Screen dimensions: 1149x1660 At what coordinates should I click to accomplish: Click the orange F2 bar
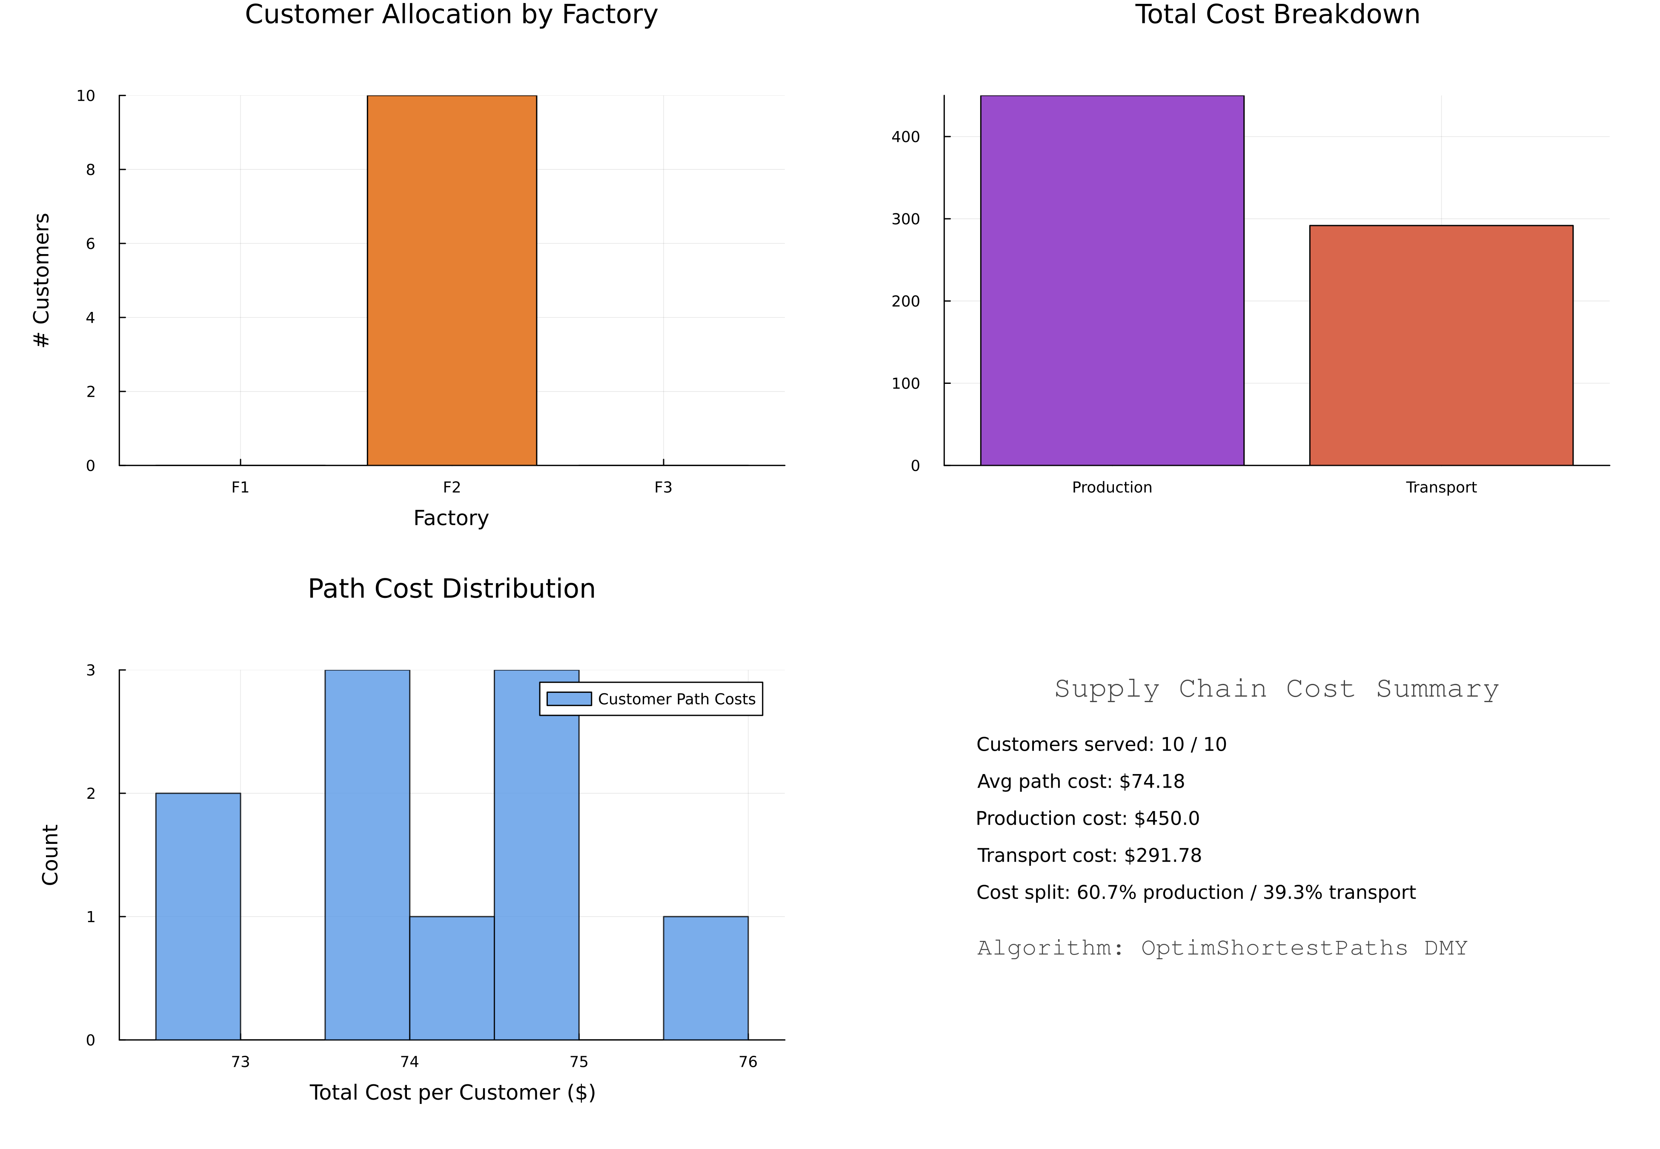[451, 281]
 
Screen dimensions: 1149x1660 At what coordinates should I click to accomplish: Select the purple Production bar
[1111, 281]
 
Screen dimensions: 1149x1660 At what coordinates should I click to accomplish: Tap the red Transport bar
[1440, 346]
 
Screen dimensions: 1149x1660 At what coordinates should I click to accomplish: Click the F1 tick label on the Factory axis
[240, 487]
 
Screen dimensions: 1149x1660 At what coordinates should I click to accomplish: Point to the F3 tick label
[663, 487]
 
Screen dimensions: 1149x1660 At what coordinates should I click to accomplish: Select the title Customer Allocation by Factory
[451, 14]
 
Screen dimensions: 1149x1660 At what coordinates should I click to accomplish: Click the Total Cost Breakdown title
[1277, 14]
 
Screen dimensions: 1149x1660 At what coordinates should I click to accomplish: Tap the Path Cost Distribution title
[451, 589]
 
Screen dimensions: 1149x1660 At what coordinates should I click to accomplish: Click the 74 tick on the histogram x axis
[409, 1062]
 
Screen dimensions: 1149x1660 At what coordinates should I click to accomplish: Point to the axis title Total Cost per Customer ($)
[452, 1093]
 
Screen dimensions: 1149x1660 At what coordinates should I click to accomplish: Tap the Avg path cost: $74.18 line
[1080, 781]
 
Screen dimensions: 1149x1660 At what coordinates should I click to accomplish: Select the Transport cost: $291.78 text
[1088, 855]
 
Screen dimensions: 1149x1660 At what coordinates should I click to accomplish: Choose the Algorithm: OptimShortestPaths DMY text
[1222, 948]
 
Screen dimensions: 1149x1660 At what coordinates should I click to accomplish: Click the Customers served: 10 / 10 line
[1101, 744]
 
